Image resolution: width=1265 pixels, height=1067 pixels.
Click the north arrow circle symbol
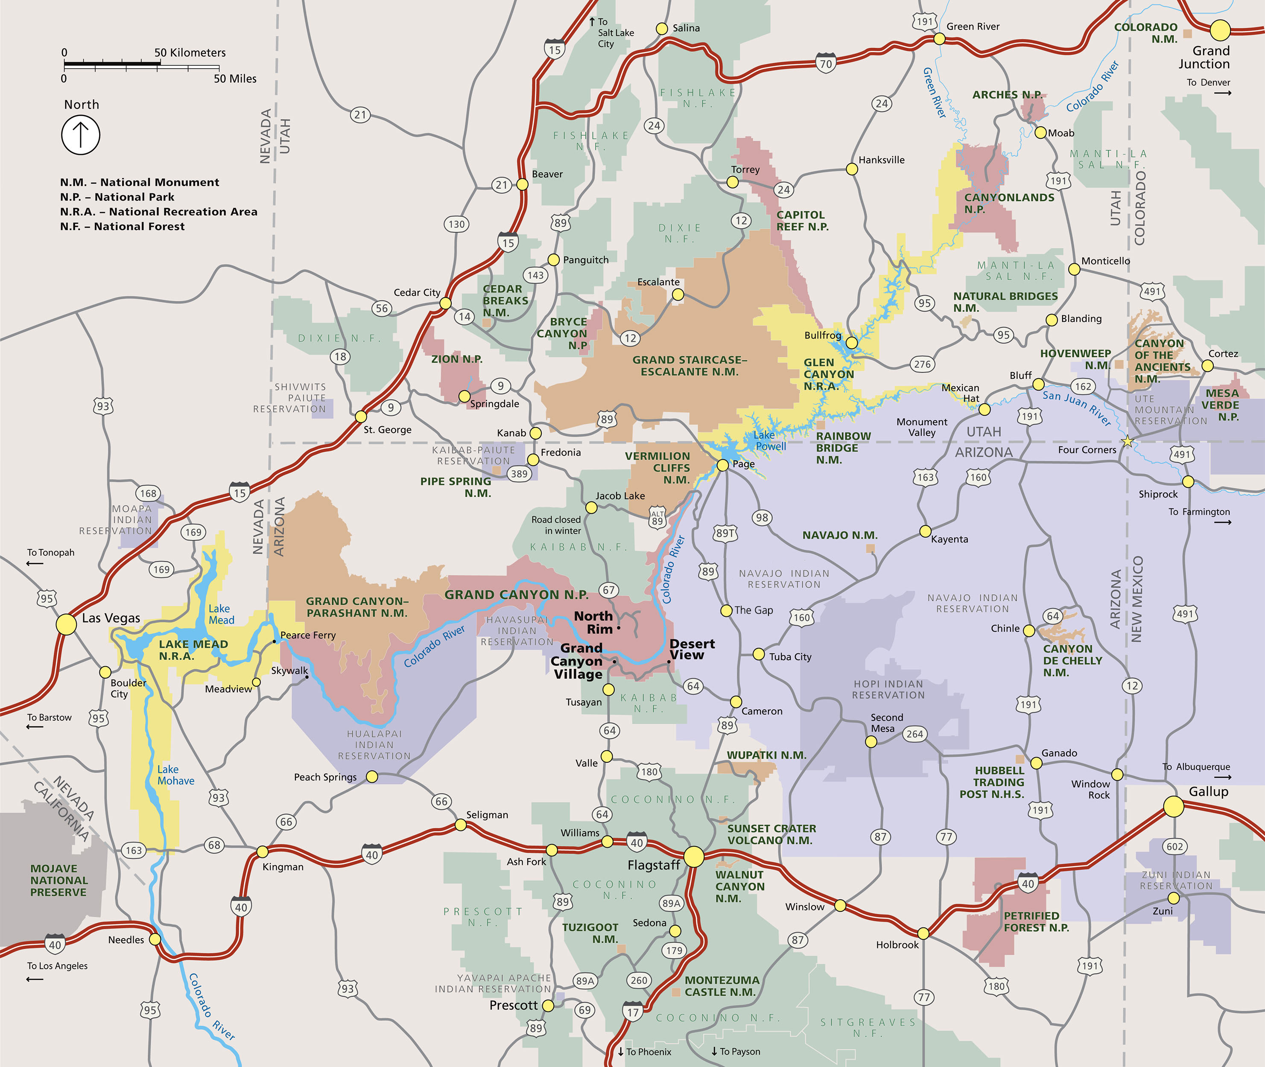click(80, 134)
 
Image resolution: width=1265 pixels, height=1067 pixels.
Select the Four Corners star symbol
click(1127, 442)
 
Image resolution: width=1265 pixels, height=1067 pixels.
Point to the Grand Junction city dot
click(1220, 29)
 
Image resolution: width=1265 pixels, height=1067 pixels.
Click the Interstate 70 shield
click(826, 63)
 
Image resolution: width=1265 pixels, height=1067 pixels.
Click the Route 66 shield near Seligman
click(441, 802)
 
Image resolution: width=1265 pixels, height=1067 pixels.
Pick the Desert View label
click(692, 649)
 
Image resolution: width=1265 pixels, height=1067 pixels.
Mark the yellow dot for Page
click(722, 464)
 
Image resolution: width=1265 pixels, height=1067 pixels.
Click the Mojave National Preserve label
click(58, 880)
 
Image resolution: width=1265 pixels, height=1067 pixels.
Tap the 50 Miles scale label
click(235, 79)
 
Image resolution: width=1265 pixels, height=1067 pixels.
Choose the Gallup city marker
click(1173, 806)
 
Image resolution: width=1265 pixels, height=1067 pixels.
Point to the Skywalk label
click(289, 670)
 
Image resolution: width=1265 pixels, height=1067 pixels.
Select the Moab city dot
click(1040, 132)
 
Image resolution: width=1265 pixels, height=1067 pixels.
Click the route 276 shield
click(922, 364)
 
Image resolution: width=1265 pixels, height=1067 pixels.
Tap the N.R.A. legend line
click(158, 212)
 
